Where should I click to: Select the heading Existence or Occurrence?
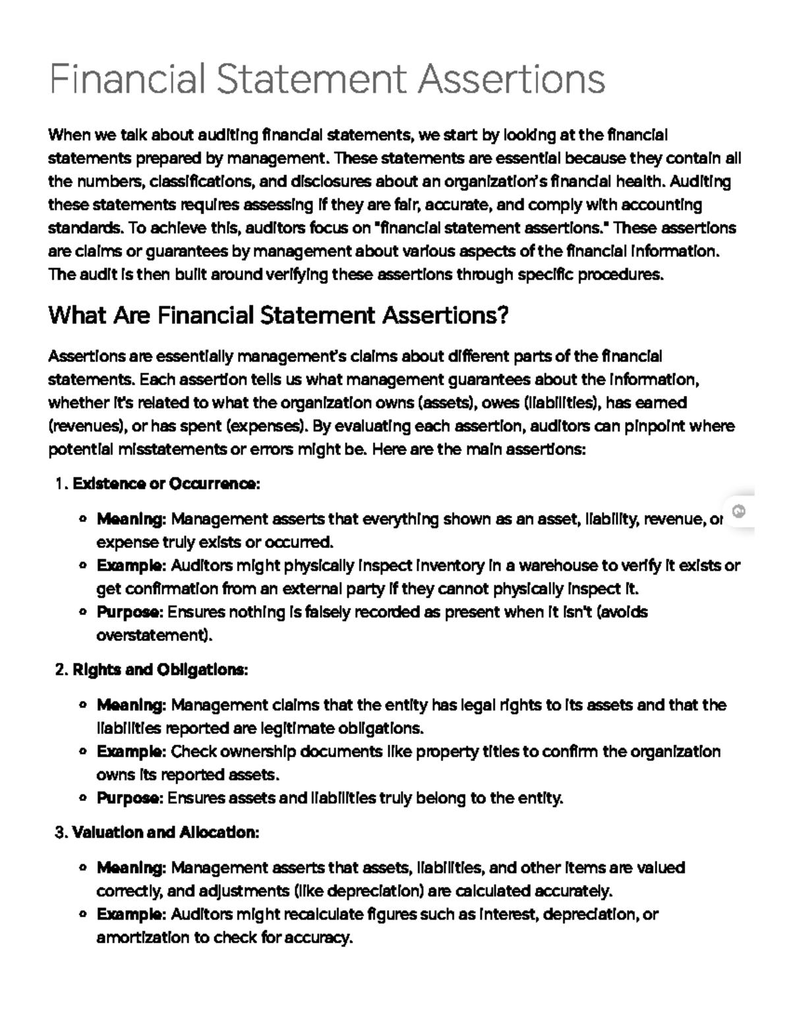pyautogui.click(x=166, y=484)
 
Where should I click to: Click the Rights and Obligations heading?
pyautogui.click(x=160, y=670)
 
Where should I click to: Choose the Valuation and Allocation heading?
pyautogui.click(x=165, y=833)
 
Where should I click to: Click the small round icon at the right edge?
pyautogui.click(x=739, y=511)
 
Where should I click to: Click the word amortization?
pyautogui.click(x=142, y=938)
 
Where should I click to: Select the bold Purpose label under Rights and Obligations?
pyautogui.click(x=129, y=798)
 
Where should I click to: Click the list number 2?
pyautogui.click(x=60, y=670)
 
